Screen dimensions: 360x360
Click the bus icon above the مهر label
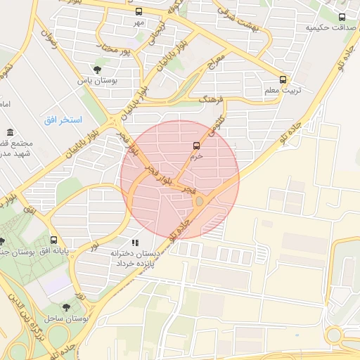(x=139, y=12)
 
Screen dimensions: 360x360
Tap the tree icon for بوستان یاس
(x=97, y=70)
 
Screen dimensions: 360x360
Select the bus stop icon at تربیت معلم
(x=283, y=79)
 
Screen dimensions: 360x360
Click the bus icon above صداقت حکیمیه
(x=342, y=17)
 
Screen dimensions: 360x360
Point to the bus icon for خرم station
(x=196, y=146)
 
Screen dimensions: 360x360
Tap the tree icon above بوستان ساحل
(x=66, y=307)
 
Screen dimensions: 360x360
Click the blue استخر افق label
(x=63, y=120)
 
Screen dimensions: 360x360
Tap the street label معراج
(x=217, y=66)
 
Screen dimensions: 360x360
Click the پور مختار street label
(x=115, y=52)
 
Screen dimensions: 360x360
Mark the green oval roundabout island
(x=200, y=202)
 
